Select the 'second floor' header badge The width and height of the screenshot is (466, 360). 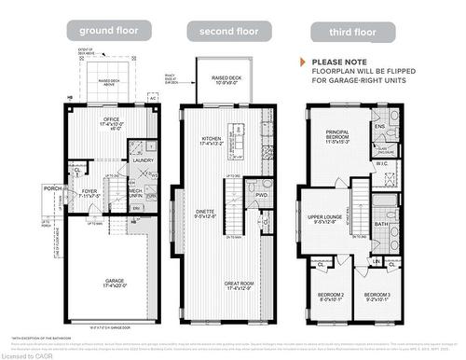point(223,31)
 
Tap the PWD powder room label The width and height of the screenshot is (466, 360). point(262,195)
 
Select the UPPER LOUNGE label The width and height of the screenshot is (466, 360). point(322,220)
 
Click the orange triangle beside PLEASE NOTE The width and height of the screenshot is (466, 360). point(303,62)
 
